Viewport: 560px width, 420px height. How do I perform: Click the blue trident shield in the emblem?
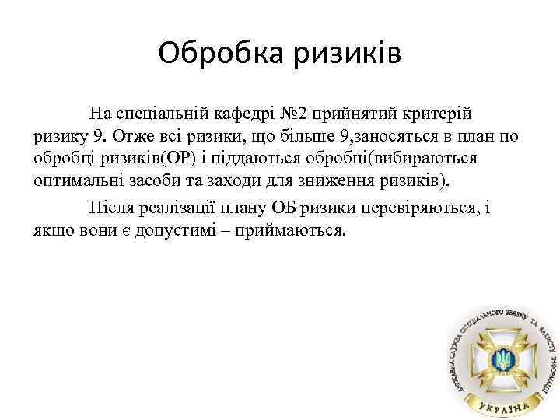point(504,360)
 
